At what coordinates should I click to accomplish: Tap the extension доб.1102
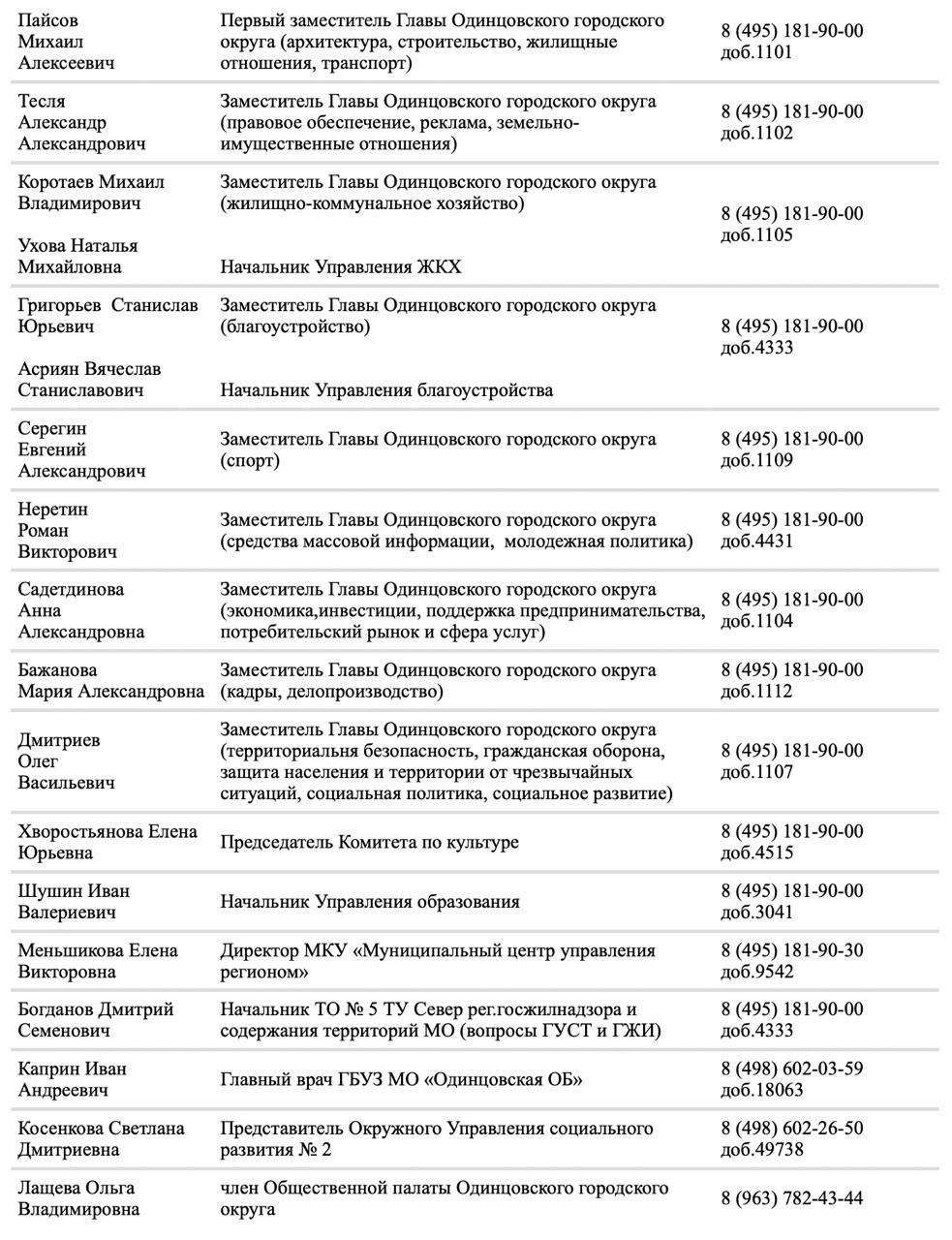[756, 133]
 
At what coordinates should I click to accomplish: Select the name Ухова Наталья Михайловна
[77, 257]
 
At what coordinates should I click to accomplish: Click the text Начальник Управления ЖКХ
[340, 267]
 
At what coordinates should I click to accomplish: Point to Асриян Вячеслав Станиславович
[89, 380]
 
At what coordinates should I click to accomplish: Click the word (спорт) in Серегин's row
[250, 460]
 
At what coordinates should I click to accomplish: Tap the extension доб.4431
[756, 541]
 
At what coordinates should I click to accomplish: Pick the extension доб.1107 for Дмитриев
[756, 772]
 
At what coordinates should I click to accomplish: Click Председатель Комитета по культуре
[369, 843]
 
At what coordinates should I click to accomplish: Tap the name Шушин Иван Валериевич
[74, 902]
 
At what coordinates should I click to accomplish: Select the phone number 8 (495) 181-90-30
[791, 950]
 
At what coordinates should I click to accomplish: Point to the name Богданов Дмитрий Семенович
[95, 1020]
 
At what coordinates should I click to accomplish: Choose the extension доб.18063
[761, 1090]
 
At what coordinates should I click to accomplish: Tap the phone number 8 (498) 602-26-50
[791, 1129]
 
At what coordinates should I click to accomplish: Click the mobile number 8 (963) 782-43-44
[791, 1198]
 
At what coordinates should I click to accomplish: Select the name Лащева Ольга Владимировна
[78, 1198]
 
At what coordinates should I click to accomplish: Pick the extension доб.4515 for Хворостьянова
[756, 852]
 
